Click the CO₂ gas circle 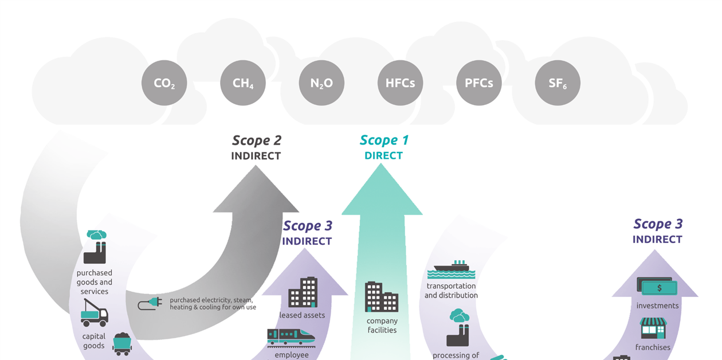pos(164,83)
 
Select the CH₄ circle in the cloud pos(243,83)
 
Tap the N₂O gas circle pos(321,83)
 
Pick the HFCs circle pos(400,83)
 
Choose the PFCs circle pos(478,83)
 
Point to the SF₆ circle pos(557,83)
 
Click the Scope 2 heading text pos(256,140)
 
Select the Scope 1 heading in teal pos(384,140)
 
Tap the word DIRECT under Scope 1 pos(383,155)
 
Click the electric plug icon pos(150,303)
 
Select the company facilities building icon pos(382,297)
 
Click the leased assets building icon pos(303,292)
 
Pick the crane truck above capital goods pos(94,313)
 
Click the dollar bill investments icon pos(657,287)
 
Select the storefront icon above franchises pos(653,328)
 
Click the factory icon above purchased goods pos(95,248)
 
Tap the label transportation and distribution pos(451,291)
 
